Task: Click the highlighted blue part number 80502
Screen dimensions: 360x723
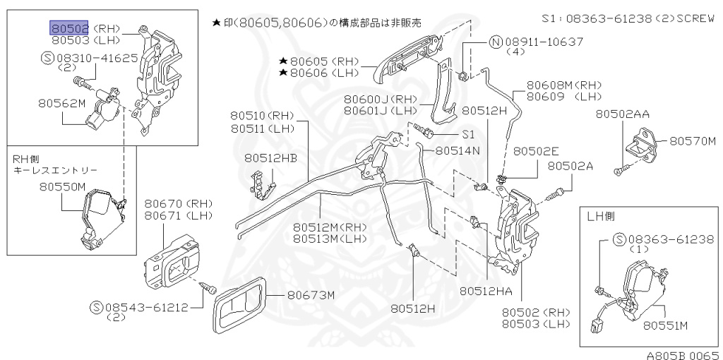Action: (69, 28)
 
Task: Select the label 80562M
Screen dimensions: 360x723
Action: (62, 104)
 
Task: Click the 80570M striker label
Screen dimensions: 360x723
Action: (693, 141)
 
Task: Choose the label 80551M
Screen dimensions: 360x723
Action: (665, 325)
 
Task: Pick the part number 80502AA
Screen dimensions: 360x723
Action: (622, 114)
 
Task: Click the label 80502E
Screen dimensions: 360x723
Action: (536, 151)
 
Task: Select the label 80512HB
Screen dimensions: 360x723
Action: (271, 160)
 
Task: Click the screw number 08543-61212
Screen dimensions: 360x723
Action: (144, 307)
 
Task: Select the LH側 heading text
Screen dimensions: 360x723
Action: (601, 217)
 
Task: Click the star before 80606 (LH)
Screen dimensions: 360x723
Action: (282, 73)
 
